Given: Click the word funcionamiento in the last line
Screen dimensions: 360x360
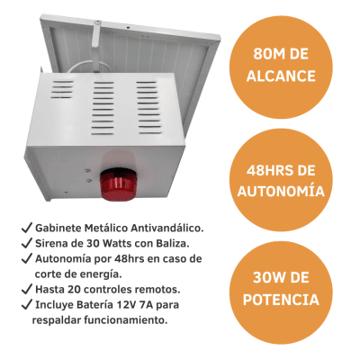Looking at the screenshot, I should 123,319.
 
